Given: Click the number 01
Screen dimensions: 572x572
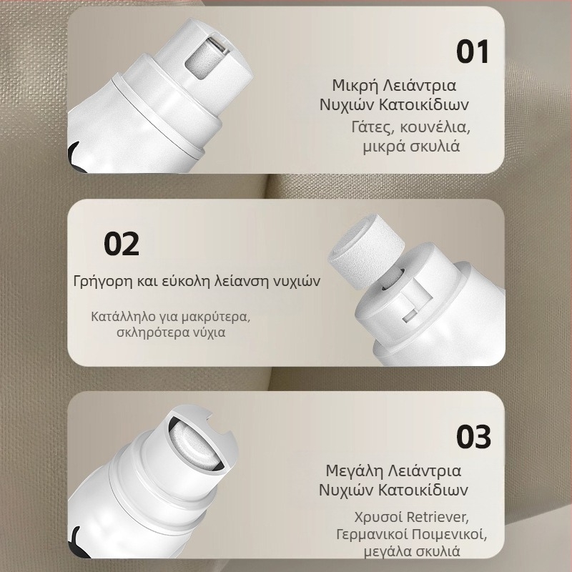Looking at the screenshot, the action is point(473,51).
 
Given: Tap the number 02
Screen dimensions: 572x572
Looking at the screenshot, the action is point(122,244).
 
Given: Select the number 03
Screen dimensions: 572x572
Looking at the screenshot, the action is point(473,437).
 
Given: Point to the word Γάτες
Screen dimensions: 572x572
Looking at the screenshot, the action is point(373,127).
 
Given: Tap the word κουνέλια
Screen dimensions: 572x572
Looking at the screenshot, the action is point(435,127).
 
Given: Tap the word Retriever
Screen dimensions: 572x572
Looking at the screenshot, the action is point(438,517).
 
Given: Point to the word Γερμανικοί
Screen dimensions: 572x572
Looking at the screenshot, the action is point(372,534).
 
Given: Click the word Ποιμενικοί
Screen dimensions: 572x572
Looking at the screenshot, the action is point(450,534).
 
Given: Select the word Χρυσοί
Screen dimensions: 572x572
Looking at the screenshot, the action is point(378,517).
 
